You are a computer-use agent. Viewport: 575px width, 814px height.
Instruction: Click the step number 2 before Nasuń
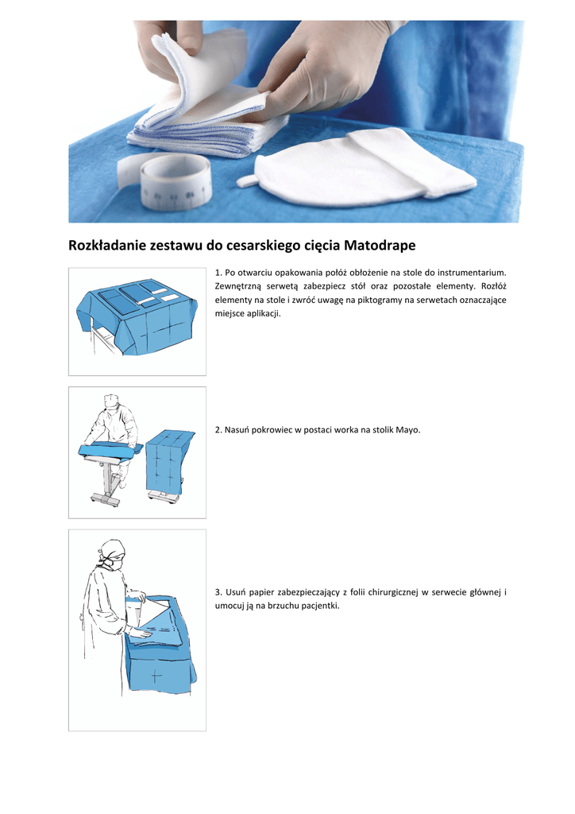point(218,430)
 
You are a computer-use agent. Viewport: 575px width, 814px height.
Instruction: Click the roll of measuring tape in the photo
point(176,182)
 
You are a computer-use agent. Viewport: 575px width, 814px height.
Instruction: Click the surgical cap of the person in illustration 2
point(112,401)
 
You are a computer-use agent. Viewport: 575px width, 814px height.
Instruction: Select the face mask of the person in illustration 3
point(117,564)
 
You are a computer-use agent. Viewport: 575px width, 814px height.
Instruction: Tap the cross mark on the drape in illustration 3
point(156,676)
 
